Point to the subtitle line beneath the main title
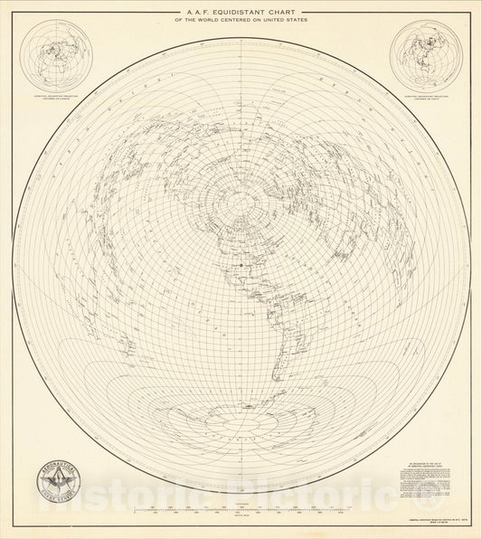pyautogui.click(x=241, y=20)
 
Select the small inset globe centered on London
pyautogui.click(x=58, y=56)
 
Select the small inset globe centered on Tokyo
pyautogui.click(x=425, y=56)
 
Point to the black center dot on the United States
pyautogui.click(x=241, y=266)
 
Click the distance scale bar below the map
pyautogui.click(x=241, y=511)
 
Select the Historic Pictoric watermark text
pyautogui.click(x=241, y=497)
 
